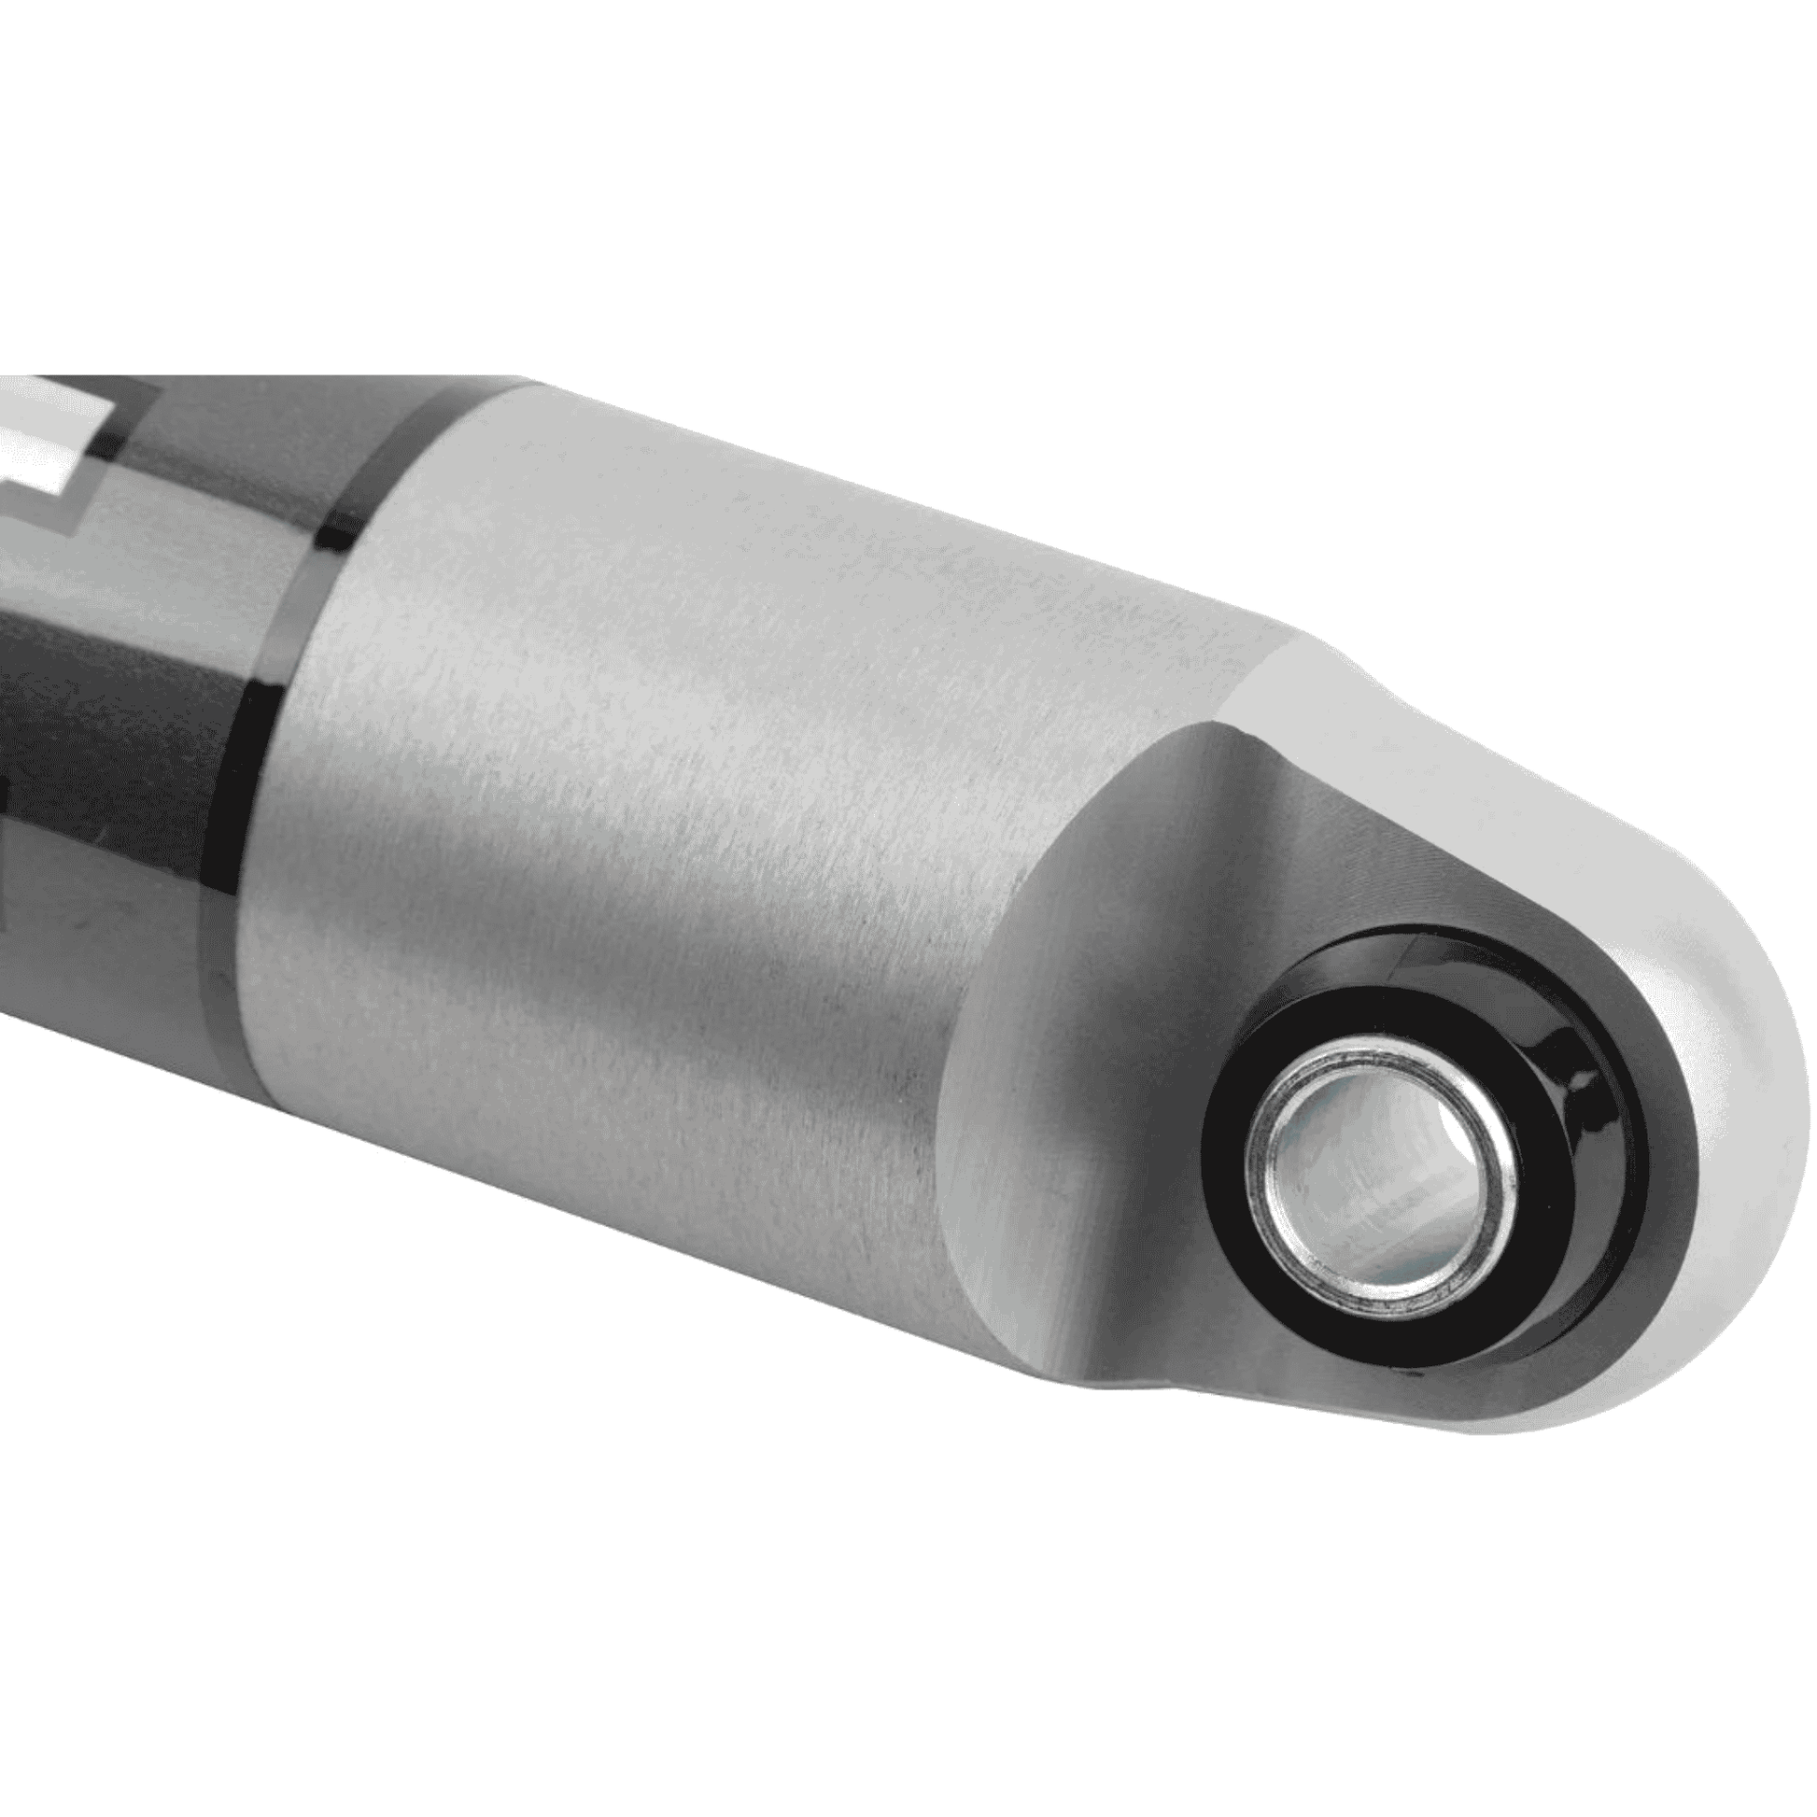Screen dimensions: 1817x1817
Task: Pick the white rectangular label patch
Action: coord(47,442)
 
